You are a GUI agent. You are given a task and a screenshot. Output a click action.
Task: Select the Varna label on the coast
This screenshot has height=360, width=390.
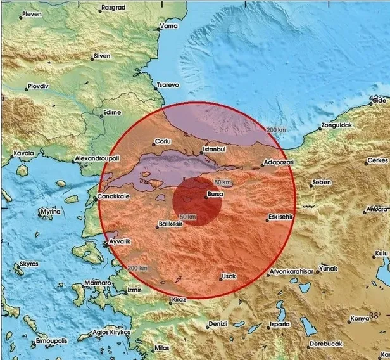click(168, 27)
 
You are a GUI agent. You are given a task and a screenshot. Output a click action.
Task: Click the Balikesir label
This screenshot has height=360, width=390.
click(172, 224)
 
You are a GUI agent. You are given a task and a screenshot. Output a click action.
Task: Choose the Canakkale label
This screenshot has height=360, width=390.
click(113, 197)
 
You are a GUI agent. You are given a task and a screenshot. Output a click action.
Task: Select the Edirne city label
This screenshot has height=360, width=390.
click(111, 113)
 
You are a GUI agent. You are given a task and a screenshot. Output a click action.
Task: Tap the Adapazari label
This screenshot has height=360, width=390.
click(278, 162)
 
